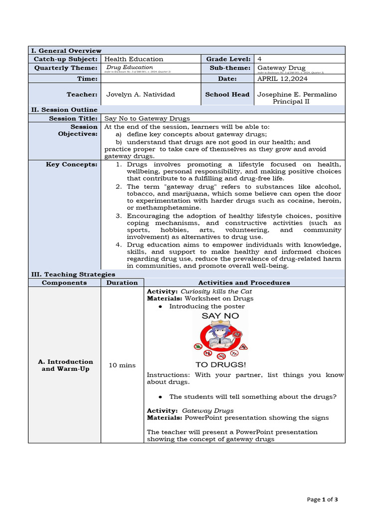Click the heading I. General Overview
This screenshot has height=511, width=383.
pos(66,50)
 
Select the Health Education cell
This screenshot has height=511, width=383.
pos(134,59)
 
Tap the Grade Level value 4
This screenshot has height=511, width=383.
pos(260,59)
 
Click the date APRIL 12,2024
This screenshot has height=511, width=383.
pos(282,78)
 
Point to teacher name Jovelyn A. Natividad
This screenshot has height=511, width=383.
pos(141,94)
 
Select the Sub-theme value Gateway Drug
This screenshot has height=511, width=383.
pos(281,67)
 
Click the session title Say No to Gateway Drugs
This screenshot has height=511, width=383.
pos(147,118)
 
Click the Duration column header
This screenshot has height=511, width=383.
pos(122,282)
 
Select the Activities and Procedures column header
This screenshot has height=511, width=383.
pos(244,282)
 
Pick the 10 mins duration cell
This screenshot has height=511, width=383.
pos(122,365)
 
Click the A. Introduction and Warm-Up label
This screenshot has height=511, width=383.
pos(65,365)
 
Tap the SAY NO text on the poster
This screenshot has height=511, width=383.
pos(220,316)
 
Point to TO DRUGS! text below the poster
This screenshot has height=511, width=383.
pos(220,364)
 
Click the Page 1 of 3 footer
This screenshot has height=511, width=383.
pos(323,499)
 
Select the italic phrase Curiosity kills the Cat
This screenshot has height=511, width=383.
pos(216,291)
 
